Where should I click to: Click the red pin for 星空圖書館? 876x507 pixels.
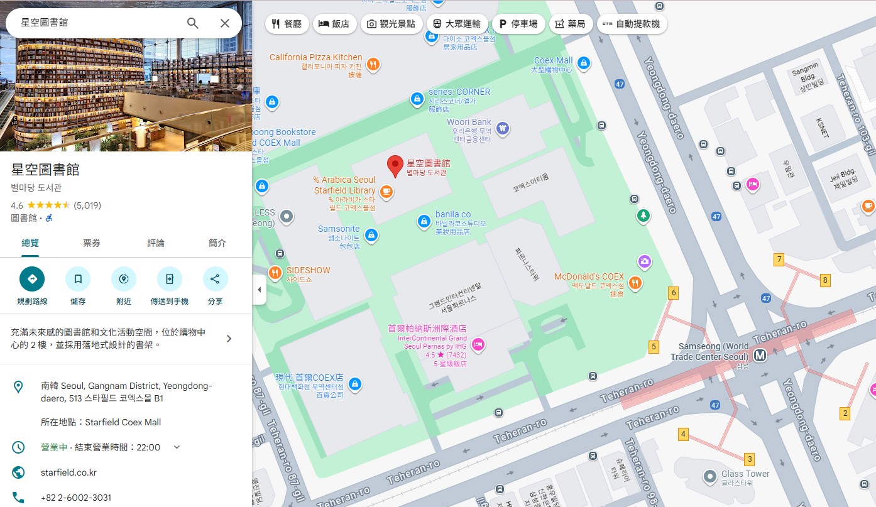[x=395, y=166]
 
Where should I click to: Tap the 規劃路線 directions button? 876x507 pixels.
[x=32, y=279]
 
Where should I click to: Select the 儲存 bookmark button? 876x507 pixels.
[x=78, y=279]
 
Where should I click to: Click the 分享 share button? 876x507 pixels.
[x=215, y=279]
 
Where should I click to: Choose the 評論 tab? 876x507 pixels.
[x=156, y=243]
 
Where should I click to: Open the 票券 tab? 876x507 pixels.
[x=92, y=243]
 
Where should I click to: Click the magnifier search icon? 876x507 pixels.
[x=193, y=23]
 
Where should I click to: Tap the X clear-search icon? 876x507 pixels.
[x=225, y=23]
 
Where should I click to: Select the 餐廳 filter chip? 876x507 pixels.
[x=287, y=24]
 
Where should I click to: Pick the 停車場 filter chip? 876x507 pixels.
[x=518, y=24]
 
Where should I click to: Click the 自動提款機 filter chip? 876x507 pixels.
[x=632, y=24]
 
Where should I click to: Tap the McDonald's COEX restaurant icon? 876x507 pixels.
[x=635, y=283]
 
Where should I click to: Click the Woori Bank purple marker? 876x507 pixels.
[x=502, y=128]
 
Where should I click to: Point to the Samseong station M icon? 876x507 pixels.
[x=760, y=355]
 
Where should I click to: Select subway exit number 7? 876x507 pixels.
[x=779, y=259]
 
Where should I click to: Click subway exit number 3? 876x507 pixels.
[x=749, y=459]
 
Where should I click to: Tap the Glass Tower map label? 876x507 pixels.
[x=745, y=474]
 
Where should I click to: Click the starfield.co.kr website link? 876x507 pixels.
[x=68, y=472]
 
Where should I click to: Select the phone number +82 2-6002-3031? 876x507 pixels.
[x=76, y=498]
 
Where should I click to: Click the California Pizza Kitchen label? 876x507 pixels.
[x=315, y=57]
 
